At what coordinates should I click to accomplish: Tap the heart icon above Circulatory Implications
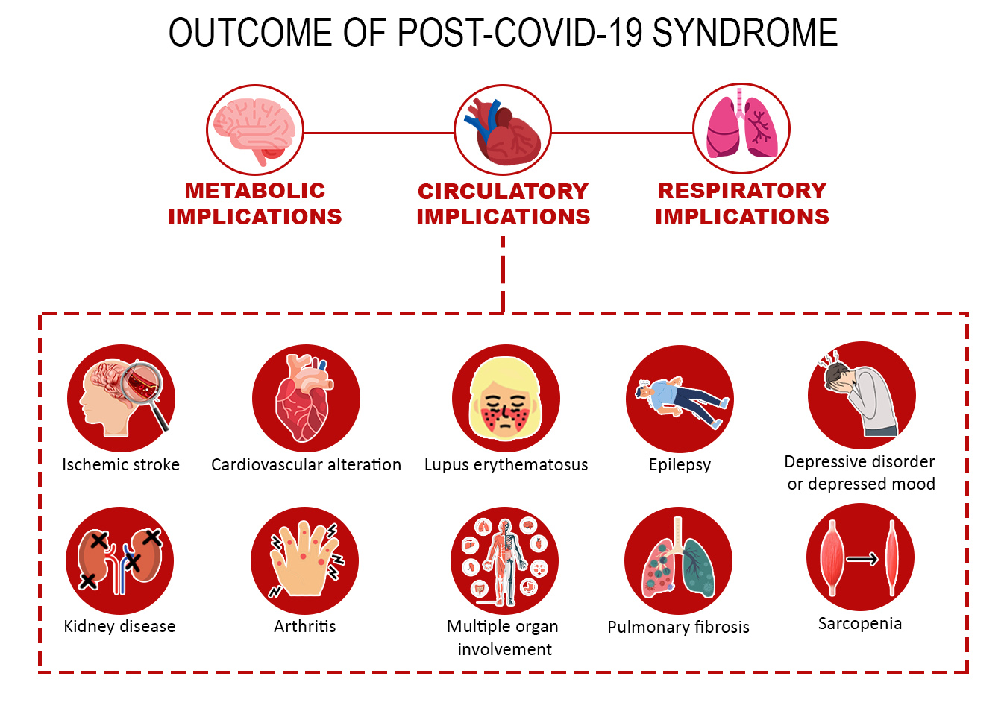pyautogui.click(x=503, y=130)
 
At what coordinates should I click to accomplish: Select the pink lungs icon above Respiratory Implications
pyautogui.click(x=741, y=128)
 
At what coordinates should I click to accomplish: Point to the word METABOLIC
pyautogui.click(x=255, y=191)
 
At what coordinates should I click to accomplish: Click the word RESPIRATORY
pyautogui.click(x=742, y=191)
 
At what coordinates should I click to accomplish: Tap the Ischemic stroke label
pyautogui.click(x=121, y=465)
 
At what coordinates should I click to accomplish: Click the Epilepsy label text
pyautogui.click(x=680, y=465)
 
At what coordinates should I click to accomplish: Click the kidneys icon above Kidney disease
pyautogui.click(x=120, y=560)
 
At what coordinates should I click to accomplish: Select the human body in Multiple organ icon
pyautogui.click(x=505, y=560)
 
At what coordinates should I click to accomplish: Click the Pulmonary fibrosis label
pyautogui.click(x=678, y=627)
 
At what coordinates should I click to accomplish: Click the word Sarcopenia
pyautogui.click(x=860, y=624)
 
